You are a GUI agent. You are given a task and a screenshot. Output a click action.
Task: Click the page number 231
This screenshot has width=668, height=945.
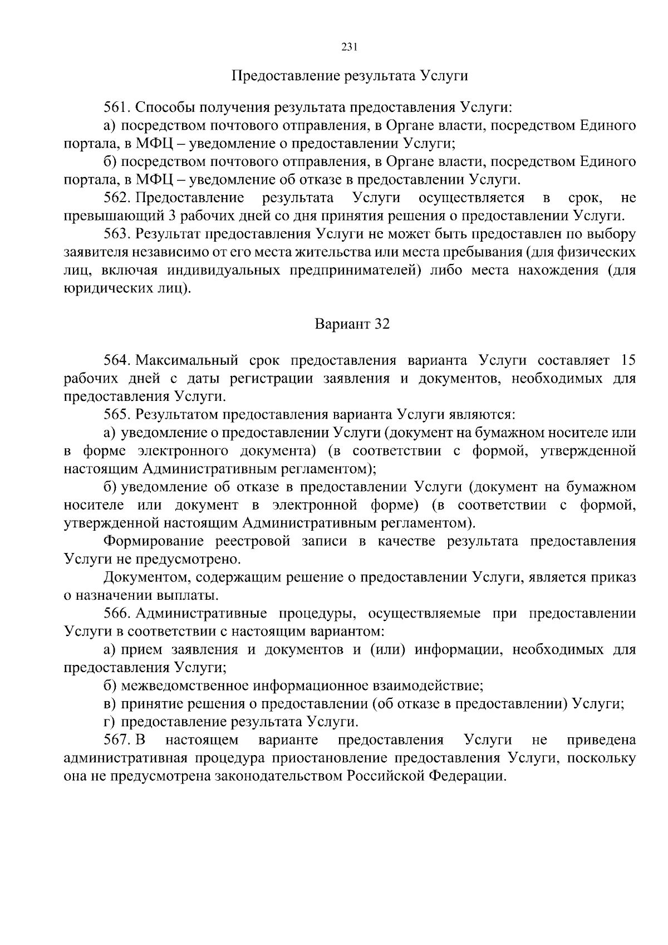click(348, 47)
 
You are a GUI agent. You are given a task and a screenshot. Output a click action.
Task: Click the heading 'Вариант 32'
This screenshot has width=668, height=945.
click(352, 324)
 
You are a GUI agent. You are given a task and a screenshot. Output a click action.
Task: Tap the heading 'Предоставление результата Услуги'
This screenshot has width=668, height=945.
click(349, 76)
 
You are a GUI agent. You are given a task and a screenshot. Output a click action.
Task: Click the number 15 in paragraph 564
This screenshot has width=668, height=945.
click(627, 360)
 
